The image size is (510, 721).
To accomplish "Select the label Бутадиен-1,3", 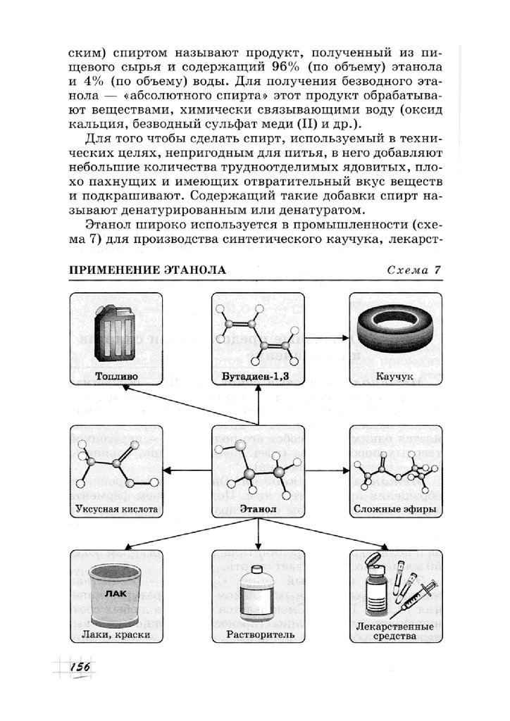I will (x=258, y=377).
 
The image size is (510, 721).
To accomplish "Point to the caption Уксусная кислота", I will (x=116, y=508).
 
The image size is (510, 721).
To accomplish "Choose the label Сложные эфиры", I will (x=395, y=508).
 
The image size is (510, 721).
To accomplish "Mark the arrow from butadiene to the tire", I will (x=326, y=338).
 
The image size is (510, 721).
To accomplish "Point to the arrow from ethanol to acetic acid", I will (x=187, y=470).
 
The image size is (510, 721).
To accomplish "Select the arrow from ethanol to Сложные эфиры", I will (x=326, y=470).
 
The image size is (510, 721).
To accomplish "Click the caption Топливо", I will (x=116, y=377).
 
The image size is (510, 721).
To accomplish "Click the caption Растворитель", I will (x=257, y=634).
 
